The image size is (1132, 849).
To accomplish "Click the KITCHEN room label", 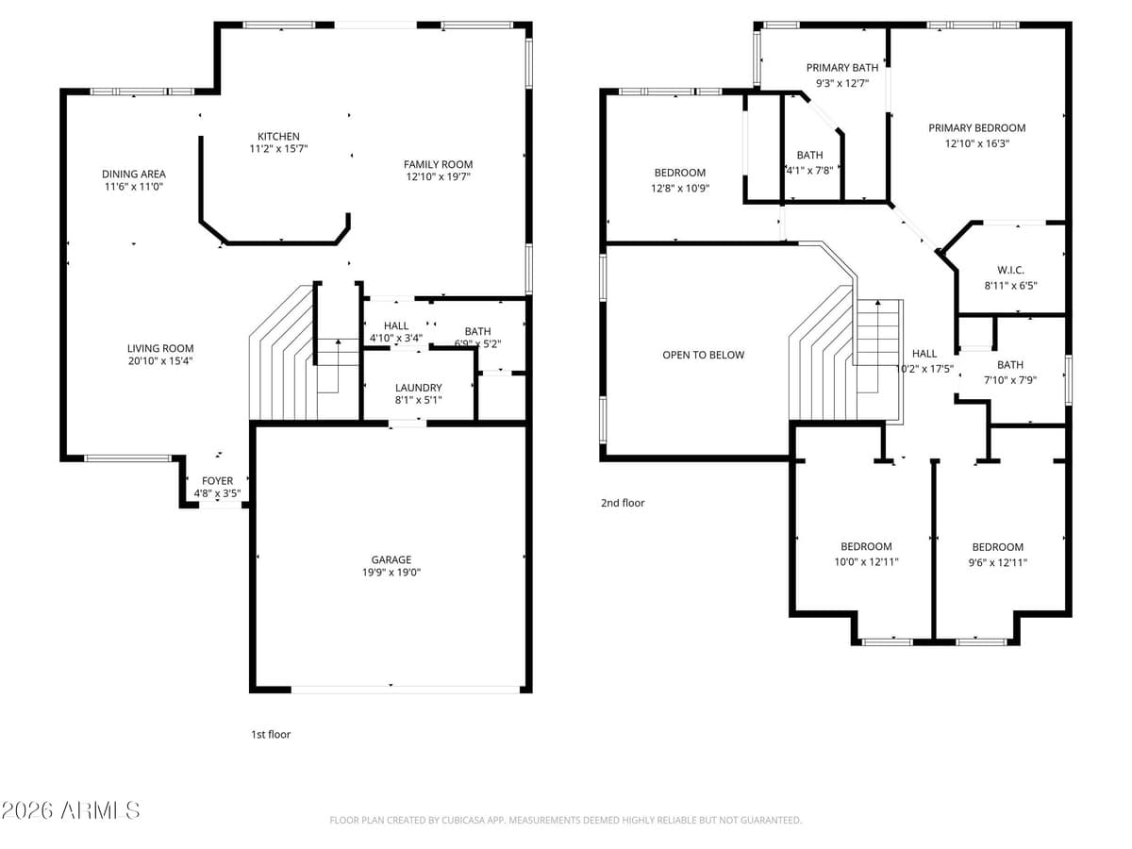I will (x=279, y=137).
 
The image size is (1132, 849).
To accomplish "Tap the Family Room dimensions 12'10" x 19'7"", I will (x=439, y=176).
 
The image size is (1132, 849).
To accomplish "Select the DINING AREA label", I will (x=134, y=174).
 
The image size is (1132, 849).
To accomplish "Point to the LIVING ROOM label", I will (x=160, y=348).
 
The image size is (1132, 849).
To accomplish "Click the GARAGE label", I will (x=391, y=559).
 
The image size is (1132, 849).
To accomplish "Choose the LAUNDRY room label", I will (x=419, y=388).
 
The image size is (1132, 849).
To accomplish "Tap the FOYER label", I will (x=217, y=481).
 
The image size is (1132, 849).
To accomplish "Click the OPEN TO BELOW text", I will (x=703, y=355).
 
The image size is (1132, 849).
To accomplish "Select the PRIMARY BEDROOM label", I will (x=976, y=128).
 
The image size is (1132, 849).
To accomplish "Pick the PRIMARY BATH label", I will (x=841, y=68).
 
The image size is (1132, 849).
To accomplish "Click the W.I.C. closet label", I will (x=1010, y=270).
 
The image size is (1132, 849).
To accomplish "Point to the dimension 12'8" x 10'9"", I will (x=680, y=188).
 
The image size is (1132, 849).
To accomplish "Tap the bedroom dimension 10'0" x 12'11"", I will (x=866, y=562).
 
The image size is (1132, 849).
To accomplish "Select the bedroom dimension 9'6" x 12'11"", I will (x=997, y=562).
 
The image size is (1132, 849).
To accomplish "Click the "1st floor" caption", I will (x=270, y=734).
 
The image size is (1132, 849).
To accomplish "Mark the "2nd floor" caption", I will (x=623, y=503).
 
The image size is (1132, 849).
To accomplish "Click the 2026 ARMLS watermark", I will (x=71, y=810).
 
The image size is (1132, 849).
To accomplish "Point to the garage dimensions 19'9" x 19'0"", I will (x=391, y=572).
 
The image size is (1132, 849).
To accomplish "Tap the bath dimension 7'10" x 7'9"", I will (x=1009, y=380).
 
